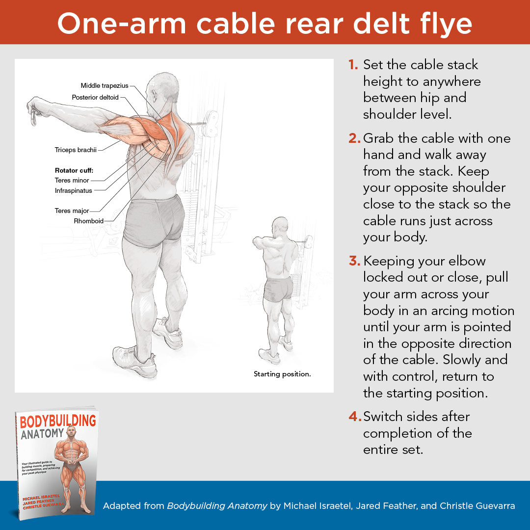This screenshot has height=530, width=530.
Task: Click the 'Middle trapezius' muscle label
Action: click(x=105, y=85)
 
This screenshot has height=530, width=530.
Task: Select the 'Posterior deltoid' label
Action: click(x=95, y=97)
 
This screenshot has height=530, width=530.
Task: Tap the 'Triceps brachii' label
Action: click(x=76, y=150)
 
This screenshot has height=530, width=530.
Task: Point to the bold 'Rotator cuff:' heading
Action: click(x=74, y=170)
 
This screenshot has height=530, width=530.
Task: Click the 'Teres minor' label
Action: click(x=72, y=181)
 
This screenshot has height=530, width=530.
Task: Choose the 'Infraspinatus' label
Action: click(x=73, y=190)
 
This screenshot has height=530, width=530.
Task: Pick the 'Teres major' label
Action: click(x=72, y=211)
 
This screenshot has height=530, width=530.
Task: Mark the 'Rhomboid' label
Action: click(x=88, y=221)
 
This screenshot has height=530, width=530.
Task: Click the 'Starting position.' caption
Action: click(x=282, y=374)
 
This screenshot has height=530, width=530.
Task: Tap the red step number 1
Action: click(x=353, y=65)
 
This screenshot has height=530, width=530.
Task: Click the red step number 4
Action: click(x=355, y=417)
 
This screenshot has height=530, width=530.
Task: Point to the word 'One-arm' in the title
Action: click(x=122, y=24)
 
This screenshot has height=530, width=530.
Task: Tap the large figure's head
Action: click(x=161, y=91)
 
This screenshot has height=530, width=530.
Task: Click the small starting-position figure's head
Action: click(x=280, y=226)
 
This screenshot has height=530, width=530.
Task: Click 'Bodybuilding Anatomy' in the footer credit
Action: click(x=217, y=505)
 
